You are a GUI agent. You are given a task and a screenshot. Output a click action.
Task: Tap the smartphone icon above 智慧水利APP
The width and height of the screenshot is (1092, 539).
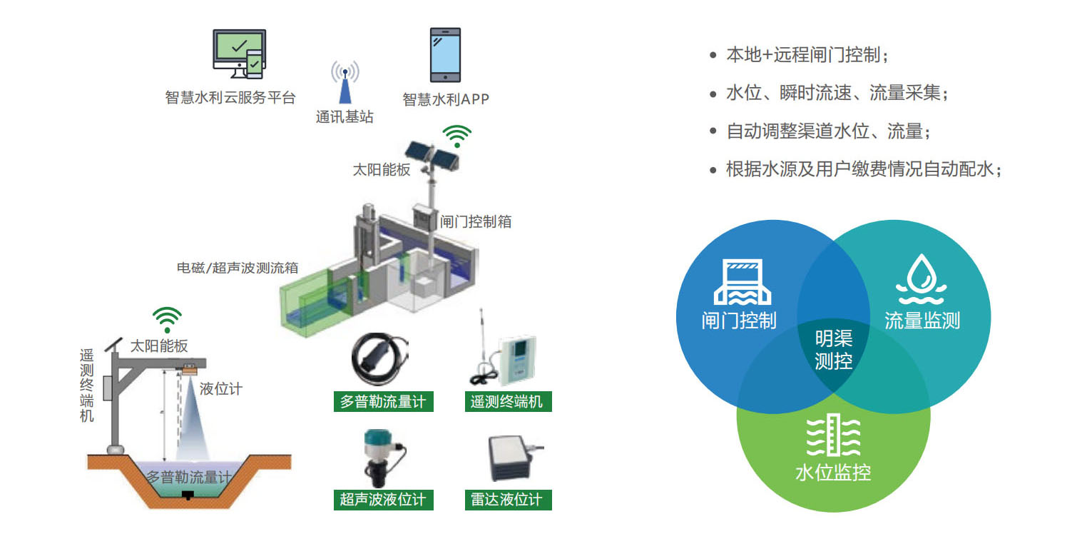pos(445,55)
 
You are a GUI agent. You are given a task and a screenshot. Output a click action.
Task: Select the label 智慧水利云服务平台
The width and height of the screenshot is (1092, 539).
pos(230,98)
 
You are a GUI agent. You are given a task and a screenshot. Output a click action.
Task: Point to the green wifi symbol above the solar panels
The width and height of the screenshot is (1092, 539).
pos(457,135)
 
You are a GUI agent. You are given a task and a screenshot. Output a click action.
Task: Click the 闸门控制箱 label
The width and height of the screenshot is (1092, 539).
pos(476,221)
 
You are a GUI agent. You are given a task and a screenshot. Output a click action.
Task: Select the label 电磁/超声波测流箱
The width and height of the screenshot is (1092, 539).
pos(238,268)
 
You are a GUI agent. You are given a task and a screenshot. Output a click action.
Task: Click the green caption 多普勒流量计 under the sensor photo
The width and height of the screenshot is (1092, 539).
pos(383,401)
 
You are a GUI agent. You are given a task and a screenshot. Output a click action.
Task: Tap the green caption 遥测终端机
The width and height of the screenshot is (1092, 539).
pos(507,401)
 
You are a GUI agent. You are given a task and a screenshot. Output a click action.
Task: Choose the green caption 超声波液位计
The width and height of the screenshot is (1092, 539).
pos(383,499)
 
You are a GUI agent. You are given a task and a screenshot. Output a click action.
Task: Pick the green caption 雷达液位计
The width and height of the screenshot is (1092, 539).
pos(507,499)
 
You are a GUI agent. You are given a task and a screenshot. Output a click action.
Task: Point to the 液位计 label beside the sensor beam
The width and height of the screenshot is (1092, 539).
pos(221,388)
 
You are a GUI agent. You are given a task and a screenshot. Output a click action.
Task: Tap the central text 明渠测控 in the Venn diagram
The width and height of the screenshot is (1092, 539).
pos(833,349)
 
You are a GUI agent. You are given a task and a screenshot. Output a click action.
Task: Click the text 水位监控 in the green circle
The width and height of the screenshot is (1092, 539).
pos(833,472)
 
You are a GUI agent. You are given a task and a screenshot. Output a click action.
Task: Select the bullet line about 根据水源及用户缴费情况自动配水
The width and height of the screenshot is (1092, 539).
pos(863,169)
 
